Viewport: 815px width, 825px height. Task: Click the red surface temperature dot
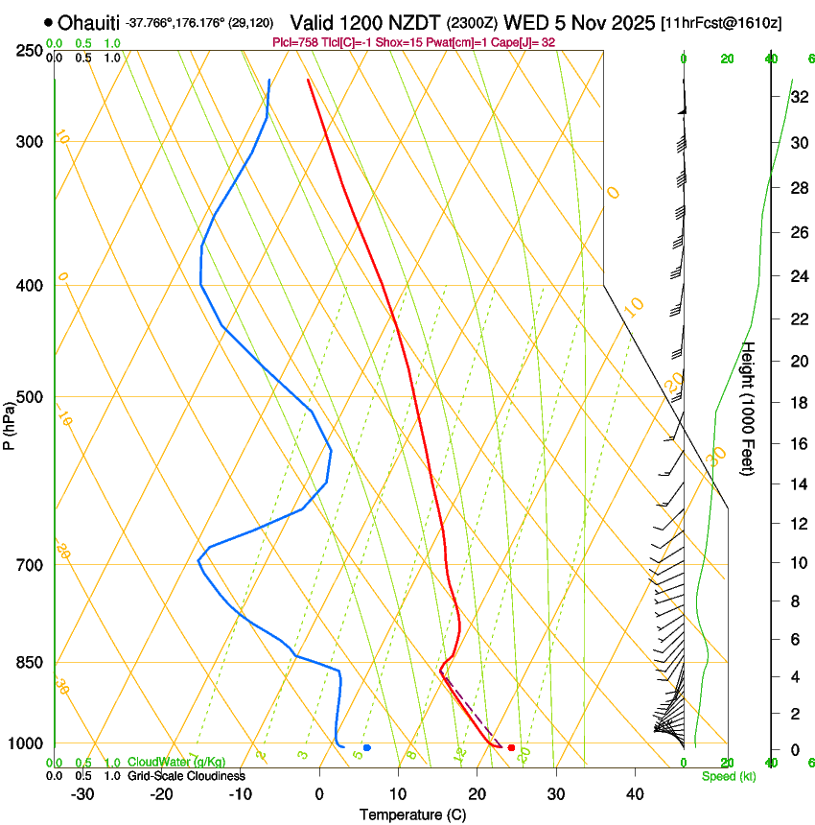pos(511,747)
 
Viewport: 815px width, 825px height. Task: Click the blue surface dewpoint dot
pos(367,747)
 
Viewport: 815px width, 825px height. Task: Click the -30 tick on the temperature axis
pos(82,794)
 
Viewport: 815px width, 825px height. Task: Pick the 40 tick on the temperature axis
pos(635,794)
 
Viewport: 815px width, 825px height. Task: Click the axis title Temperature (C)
pos(412,815)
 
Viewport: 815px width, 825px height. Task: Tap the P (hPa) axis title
pos(10,422)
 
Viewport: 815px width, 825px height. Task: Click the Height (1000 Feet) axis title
pos(750,409)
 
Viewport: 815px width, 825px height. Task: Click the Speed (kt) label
pos(729,776)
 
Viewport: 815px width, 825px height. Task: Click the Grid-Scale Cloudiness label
pos(186,776)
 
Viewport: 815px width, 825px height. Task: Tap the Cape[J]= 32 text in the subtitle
pos(522,42)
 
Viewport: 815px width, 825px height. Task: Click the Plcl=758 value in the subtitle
pos(296,42)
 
